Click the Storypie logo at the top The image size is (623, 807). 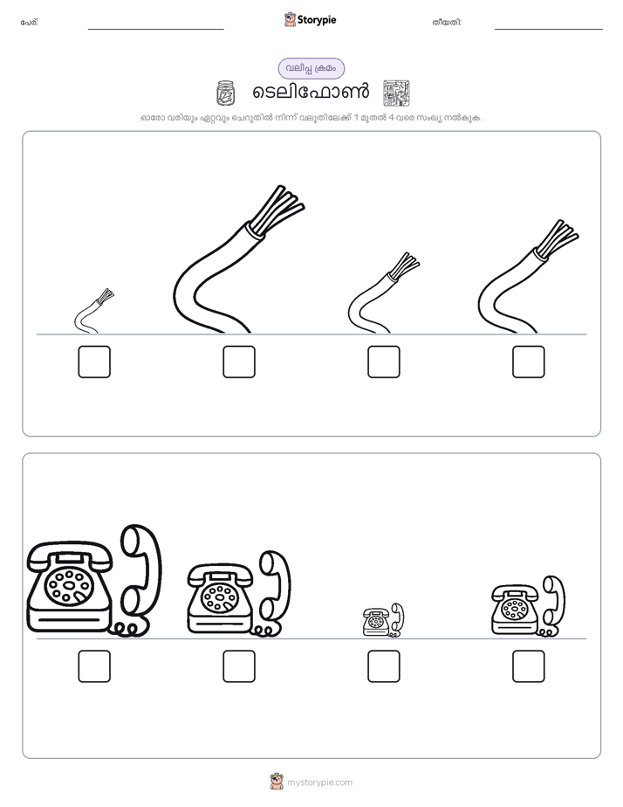click(310, 19)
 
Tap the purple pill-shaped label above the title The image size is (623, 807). click(311, 68)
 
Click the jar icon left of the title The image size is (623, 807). click(225, 93)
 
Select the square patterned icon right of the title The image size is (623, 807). click(396, 93)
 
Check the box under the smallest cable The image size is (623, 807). click(94, 362)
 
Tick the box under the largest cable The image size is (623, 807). click(239, 362)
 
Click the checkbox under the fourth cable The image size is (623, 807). click(529, 362)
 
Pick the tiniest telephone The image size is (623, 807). click(383, 620)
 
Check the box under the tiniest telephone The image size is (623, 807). click(384, 666)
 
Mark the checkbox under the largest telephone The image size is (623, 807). click(94, 666)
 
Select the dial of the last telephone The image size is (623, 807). click(513, 610)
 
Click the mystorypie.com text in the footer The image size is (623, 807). click(319, 783)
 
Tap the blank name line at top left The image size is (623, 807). click(155, 30)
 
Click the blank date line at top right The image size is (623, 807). click(549, 30)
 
